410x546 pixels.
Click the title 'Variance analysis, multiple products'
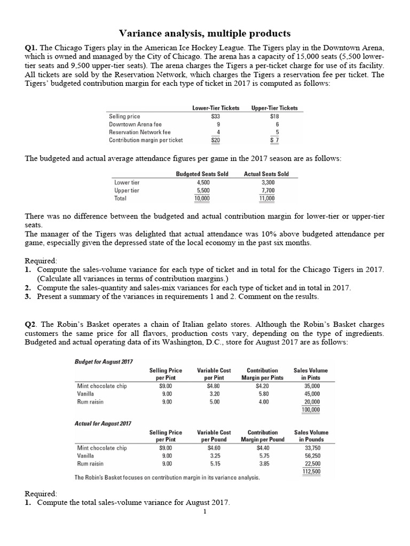(x=204, y=33)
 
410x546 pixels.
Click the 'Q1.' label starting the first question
(x=31, y=47)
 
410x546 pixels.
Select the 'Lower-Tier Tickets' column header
(x=216, y=108)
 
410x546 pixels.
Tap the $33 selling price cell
(x=216, y=116)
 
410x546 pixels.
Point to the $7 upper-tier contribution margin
(x=274, y=140)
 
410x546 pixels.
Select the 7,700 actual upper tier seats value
(x=267, y=190)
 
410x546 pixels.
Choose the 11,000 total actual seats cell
(x=266, y=198)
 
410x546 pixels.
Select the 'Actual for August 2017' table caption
(x=103, y=423)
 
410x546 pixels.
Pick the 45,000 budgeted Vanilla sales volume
(x=311, y=394)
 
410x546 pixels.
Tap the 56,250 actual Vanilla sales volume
(x=311, y=456)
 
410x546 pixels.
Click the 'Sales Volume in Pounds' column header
(x=311, y=436)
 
